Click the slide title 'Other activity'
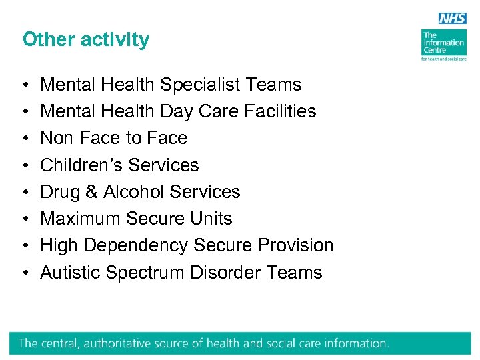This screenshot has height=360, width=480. tap(86, 39)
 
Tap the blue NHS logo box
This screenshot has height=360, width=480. tap(453, 19)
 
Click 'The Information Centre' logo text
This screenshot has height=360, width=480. tap(443, 43)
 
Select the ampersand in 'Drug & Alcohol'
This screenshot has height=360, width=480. tap(93, 192)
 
